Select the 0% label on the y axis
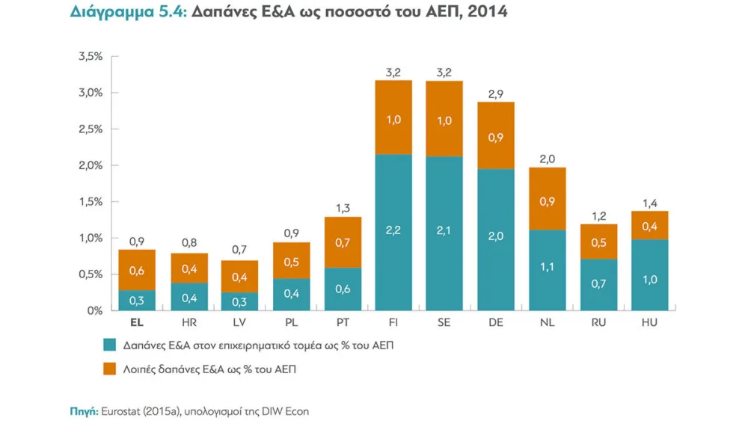pyautogui.click(x=94, y=310)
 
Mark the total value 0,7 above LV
pyautogui.click(x=239, y=251)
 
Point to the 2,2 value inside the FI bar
pyautogui.click(x=393, y=230)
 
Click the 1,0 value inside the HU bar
pyautogui.click(x=650, y=280)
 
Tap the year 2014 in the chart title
pyautogui.click(x=487, y=12)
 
